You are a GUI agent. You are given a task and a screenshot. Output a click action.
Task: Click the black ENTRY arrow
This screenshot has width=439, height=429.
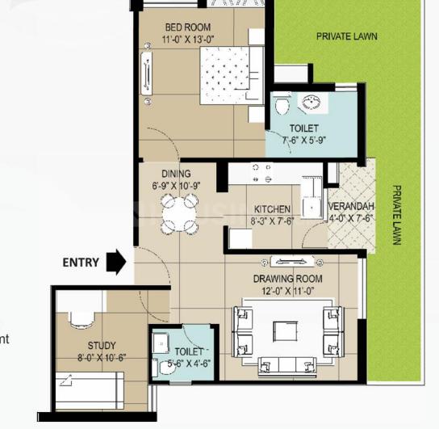(x=116, y=263)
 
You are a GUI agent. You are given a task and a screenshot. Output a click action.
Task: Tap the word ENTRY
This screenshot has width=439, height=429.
(x=81, y=263)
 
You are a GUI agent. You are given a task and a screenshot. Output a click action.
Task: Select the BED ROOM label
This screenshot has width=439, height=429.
(x=188, y=27)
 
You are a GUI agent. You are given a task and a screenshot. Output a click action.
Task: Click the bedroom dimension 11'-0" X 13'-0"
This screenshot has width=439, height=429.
(x=188, y=40)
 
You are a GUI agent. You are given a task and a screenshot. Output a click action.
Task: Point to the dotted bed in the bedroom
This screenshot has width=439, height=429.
(x=225, y=76)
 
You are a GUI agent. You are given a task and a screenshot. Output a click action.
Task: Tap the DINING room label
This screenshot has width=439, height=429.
(x=176, y=174)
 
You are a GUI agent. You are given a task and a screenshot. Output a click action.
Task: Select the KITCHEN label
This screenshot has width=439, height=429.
(x=272, y=209)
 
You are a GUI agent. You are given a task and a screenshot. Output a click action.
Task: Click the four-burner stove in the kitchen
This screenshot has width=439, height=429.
(x=262, y=174)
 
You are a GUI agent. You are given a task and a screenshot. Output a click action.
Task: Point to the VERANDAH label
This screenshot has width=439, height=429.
(x=351, y=207)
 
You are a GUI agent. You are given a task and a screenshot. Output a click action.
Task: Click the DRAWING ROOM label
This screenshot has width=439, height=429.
(x=288, y=279)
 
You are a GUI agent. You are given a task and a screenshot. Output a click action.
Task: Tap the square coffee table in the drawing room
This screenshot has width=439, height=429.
(x=286, y=331)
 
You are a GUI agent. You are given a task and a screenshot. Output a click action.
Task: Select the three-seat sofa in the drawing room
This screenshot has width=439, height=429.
(x=287, y=366)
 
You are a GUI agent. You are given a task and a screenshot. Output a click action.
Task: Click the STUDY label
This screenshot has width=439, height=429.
(x=102, y=346)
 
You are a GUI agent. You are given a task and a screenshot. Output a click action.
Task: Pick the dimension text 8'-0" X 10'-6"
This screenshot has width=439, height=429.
(x=102, y=358)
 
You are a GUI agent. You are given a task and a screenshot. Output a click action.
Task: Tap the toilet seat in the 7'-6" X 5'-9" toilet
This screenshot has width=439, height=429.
(x=282, y=104)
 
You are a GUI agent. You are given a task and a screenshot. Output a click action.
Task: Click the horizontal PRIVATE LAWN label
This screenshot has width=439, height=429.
(x=347, y=36)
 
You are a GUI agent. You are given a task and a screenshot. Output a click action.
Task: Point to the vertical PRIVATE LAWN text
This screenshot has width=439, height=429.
(x=397, y=215)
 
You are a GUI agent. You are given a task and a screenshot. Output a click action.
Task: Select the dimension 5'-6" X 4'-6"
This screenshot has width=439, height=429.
(x=189, y=364)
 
